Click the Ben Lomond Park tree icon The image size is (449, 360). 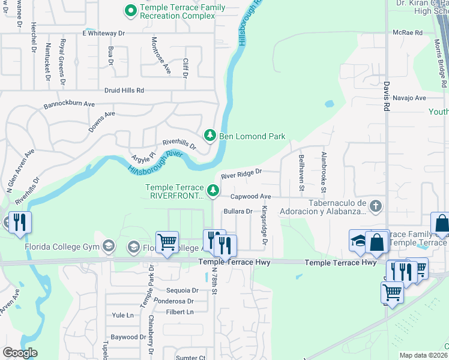pyautogui.click(x=210, y=136)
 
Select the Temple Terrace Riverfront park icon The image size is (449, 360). pyautogui.click(x=212, y=190)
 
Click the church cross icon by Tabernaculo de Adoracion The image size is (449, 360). pyautogui.click(x=376, y=206)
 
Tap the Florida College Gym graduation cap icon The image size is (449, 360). pyautogui.click(x=108, y=245)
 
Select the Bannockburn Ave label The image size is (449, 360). pyautogui.click(x=69, y=104)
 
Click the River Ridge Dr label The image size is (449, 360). pyautogui.click(x=242, y=174)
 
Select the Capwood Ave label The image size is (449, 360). pyautogui.click(x=251, y=196)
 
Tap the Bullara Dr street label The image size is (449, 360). pyautogui.click(x=237, y=211)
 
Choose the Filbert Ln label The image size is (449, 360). pyautogui.click(x=179, y=312)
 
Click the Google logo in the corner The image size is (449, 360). pyautogui.click(x=20, y=353)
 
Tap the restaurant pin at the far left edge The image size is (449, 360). pyautogui.click(x=19, y=223)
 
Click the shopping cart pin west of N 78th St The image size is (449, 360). pyautogui.click(x=167, y=242)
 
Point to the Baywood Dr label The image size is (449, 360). pyautogui.click(x=124, y=337)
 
